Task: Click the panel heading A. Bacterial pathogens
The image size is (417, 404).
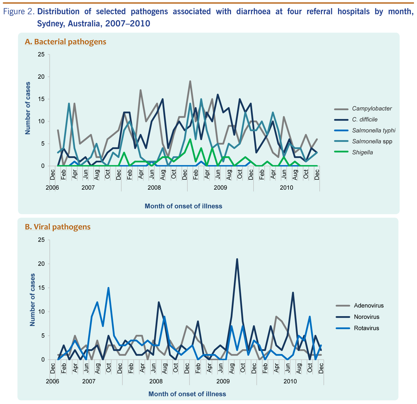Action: point(66,42)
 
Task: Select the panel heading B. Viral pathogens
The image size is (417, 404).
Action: point(58,227)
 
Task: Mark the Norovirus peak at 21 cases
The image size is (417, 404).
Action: point(237,259)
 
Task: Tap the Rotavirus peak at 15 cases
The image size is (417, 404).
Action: point(108,288)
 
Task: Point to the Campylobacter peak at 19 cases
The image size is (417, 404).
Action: point(190,81)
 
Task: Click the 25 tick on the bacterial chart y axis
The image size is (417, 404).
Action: point(41,54)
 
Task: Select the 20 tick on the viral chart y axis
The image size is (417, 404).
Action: point(41,264)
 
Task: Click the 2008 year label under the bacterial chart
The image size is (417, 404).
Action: point(154,188)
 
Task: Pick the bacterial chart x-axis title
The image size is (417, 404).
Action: point(183,206)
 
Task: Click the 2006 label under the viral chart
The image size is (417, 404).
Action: point(53,381)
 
